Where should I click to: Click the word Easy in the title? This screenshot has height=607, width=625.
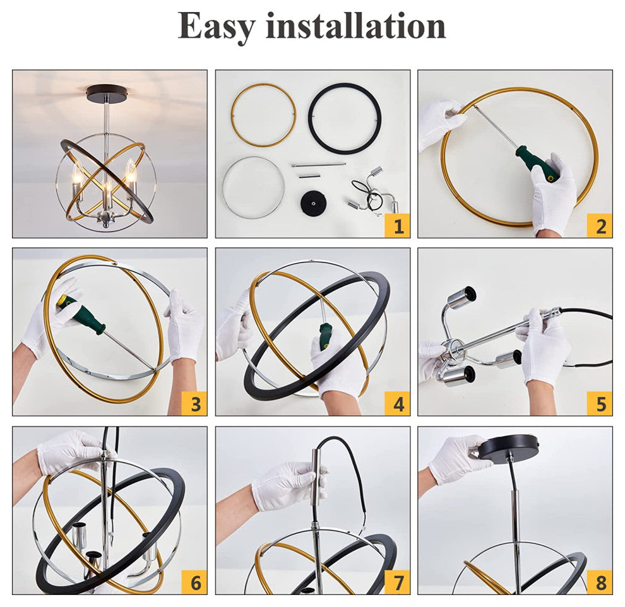click(215, 27)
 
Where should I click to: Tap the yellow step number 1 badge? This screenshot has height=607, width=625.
click(397, 225)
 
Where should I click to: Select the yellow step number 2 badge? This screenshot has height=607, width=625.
click(600, 225)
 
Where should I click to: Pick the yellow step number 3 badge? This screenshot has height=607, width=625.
click(194, 403)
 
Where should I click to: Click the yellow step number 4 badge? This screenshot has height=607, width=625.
click(397, 403)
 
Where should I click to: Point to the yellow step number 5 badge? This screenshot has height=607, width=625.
click(600, 403)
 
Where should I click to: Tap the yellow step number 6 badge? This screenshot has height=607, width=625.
click(194, 582)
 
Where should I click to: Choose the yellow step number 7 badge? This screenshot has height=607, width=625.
click(397, 582)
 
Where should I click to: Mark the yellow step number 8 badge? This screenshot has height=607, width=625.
click(600, 582)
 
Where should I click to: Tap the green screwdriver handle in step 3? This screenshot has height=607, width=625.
click(82, 314)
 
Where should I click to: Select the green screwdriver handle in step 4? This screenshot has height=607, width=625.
click(325, 336)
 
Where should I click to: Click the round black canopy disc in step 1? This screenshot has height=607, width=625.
click(313, 204)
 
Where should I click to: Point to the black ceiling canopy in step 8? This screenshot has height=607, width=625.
click(508, 448)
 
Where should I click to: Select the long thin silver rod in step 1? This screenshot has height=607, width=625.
click(318, 165)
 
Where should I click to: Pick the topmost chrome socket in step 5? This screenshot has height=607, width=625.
click(461, 298)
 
